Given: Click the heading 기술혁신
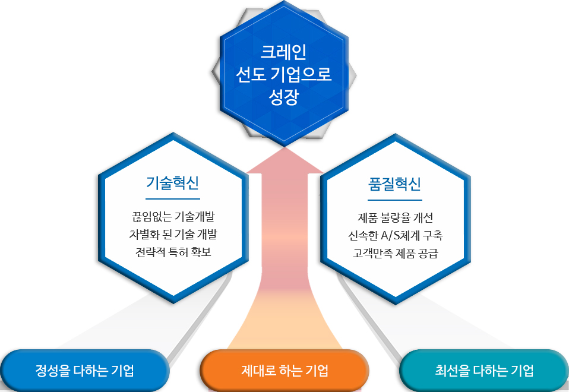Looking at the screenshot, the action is point(172,182).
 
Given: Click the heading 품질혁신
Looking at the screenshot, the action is point(394,184).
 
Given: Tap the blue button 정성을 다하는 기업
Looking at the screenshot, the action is point(84,371).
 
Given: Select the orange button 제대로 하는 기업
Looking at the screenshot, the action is point(284,371).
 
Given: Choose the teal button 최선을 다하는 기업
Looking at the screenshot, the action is point(484,371).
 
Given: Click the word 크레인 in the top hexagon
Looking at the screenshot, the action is point(284,52).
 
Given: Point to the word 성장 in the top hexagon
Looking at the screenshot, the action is point(284,97).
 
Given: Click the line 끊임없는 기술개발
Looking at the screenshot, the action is point(173,217).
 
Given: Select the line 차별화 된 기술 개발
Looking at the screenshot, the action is point(173,234).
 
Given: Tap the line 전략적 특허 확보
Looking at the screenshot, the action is point(173,252).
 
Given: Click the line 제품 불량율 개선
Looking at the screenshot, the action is point(395,217).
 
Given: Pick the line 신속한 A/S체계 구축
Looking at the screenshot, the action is point(395,235).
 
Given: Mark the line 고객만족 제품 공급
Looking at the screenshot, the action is point(395,252).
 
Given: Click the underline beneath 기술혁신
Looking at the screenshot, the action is point(173,199).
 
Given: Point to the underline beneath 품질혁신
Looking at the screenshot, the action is point(395,200).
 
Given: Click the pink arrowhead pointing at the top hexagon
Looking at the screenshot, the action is point(285,160).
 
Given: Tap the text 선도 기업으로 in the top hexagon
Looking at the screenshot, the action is point(284,74).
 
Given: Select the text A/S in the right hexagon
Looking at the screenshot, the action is point(390,235).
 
